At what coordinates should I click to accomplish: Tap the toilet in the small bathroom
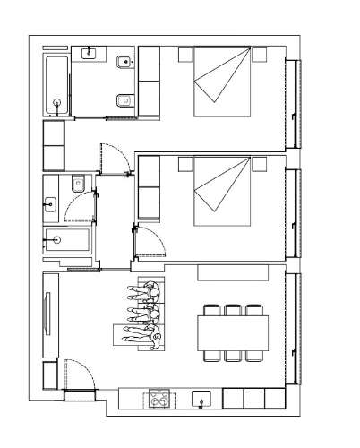(x=79, y=185)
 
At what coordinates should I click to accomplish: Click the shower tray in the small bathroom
(x=68, y=240)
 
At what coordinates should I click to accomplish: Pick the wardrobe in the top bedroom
(x=148, y=82)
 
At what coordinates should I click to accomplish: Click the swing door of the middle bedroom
(x=150, y=242)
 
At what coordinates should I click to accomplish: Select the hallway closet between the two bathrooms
(x=54, y=145)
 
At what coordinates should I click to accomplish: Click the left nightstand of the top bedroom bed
(x=184, y=55)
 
